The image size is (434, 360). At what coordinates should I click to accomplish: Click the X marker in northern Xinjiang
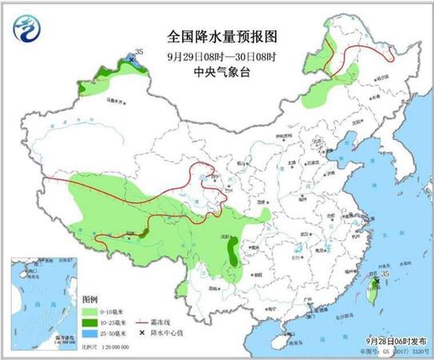click(x=132, y=59)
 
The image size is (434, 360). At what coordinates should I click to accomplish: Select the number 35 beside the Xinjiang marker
click(x=139, y=51)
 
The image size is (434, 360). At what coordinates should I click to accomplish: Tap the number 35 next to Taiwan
click(x=386, y=274)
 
